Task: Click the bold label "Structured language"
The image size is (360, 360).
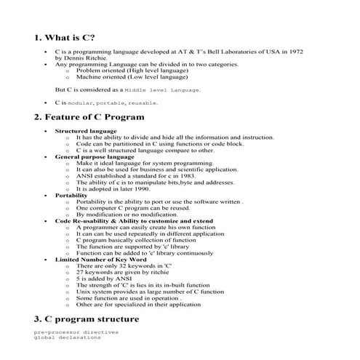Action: pyautogui.click(x=85, y=131)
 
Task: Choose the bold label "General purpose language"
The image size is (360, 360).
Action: pyautogui.click(x=95, y=156)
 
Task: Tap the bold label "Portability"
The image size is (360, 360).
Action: pyautogui.click(x=71, y=195)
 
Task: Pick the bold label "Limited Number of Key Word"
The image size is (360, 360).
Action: pyautogui.click(x=100, y=259)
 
